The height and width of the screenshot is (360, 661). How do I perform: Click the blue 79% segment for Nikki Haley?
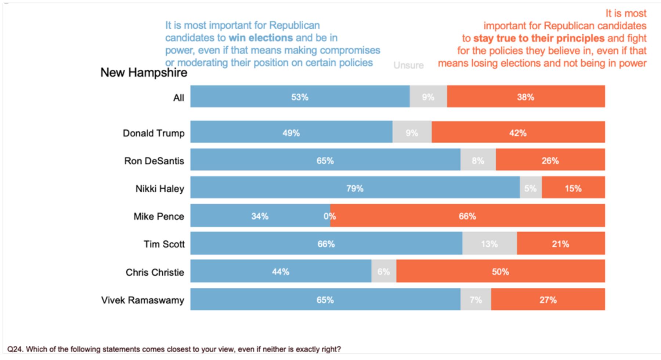(x=355, y=188)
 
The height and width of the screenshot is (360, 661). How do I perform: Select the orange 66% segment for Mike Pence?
(x=467, y=215)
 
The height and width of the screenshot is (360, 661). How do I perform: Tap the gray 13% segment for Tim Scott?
(x=490, y=243)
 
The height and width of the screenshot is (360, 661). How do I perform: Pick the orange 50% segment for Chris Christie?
(x=501, y=271)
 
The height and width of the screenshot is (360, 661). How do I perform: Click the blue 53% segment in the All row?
(x=300, y=97)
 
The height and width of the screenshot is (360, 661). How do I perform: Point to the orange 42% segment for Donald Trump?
(x=518, y=132)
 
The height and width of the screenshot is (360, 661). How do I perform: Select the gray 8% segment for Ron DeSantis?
(x=478, y=160)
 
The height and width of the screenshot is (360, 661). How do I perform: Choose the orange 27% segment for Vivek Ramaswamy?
(x=548, y=299)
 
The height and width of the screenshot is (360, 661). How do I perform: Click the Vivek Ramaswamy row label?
(x=143, y=300)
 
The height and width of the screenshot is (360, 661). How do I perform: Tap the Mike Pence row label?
(x=159, y=217)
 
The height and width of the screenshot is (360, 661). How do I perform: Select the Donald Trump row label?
(x=153, y=133)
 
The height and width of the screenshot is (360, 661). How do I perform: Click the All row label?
(x=179, y=98)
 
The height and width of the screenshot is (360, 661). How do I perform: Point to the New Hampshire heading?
(x=144, y=73)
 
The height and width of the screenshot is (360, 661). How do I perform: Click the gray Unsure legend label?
(x=408, y=65)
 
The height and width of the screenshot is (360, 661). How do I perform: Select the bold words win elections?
(x=261, y=38)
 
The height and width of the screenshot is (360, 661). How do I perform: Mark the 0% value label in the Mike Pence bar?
(x=329, y=216)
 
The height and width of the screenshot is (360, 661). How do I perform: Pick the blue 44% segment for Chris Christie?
(x=281, y=271)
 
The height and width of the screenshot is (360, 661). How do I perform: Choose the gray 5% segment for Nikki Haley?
(x=531, y=188)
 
